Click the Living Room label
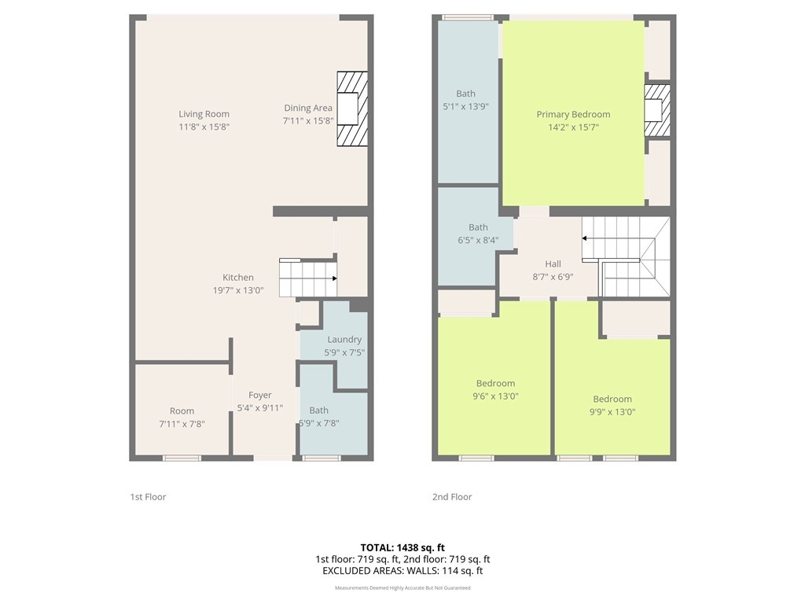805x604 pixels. pyautogui.click(x=204, y=114)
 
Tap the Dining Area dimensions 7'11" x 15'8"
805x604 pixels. pyautogui.click(x=308, y=120)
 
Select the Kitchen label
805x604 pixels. pyautogui.click(x=237, y=278)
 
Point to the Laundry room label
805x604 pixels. pyautogui.click(x=344, y=340)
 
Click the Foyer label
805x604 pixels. pyautogui.click(x=259, y=395)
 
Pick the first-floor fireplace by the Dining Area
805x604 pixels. pyautogui.click(x=352, y=109)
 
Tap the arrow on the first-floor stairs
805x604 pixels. pyautogui.click(x=334, y=278)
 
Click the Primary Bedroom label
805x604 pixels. pyautogui.click(x=573, y=115)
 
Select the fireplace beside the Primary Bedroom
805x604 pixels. pyautogui.click(x=657, y=110)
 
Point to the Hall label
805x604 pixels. pyautogui.click(x=553, y=264)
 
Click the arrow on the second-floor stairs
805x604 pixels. pyautogui.click(x=585, y=238)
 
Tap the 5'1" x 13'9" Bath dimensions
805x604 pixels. pyautogui.click(x=465, y=107)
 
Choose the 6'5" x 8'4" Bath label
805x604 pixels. pyautogui.click(x=478, y=227)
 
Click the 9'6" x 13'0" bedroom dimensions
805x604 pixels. pyautogui.click(x=495, y=396)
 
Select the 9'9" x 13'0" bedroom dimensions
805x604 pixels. pyautogui.click(x=612, y=412)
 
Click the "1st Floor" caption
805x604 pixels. pyautogui.click(x=148, y=497)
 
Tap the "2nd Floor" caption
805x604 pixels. pyautogui.click(x=452, y=497)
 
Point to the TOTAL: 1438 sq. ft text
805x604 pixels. pyautogui.click(x=402, y=547)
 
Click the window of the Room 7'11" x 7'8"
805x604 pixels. pyautogui.click(x=182, y=458)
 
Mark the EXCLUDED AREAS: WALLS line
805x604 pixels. pyautogui.click(x=402, y=571)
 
